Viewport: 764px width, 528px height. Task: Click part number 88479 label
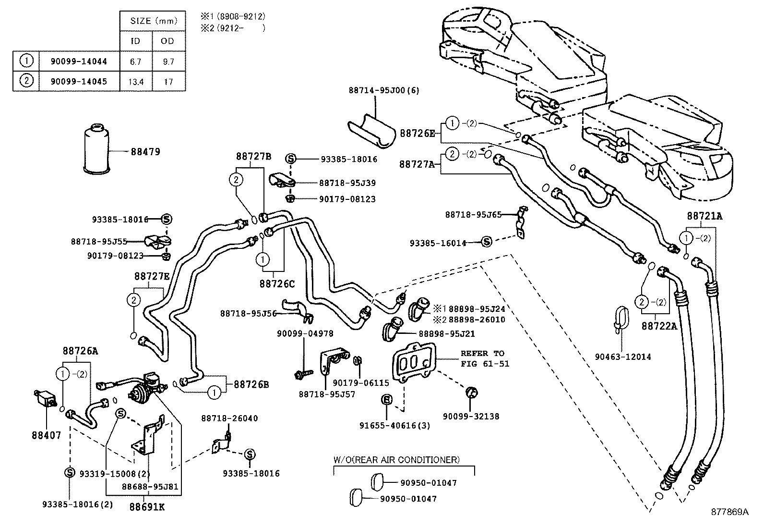pos(145,152)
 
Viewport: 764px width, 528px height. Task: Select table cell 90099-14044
pos(79,61)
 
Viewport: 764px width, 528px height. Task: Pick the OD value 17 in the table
pos(167,82)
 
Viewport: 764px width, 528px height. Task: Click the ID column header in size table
pos(135,41)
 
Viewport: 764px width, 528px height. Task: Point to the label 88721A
pos(704,216)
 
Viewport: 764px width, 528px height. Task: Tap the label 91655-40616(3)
pos(394,425)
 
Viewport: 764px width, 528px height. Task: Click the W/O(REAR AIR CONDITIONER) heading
pos(396,460)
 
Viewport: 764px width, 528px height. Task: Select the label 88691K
pos(146,506)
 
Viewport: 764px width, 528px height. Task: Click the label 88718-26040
pos(229,418)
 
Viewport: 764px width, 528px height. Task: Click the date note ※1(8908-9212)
pos(233,16)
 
